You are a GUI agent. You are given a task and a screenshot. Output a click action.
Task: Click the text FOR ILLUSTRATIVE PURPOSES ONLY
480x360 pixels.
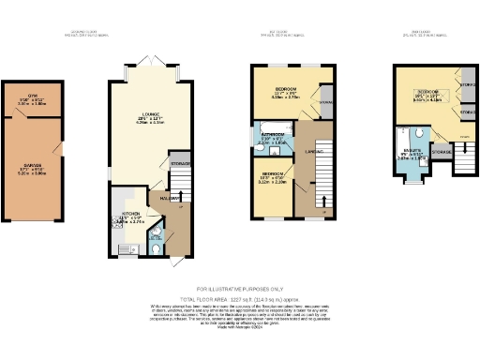(240, 289)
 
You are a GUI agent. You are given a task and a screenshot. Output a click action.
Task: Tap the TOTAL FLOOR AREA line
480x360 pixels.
(240, 298)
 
